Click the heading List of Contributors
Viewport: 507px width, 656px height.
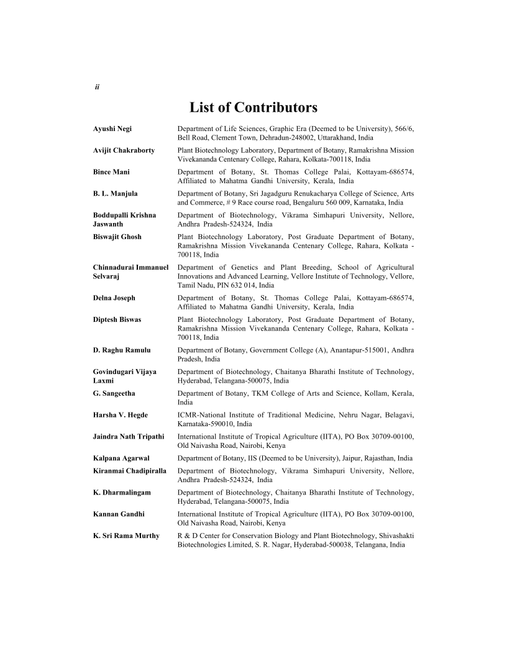pos(253,107)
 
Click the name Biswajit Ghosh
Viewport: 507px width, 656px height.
pos(117,237)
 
